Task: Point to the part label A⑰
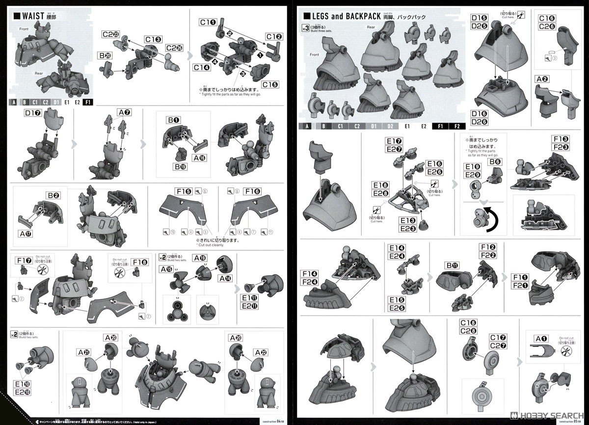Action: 24,234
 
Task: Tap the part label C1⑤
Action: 270,84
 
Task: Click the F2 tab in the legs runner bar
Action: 457,126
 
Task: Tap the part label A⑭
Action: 225,278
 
